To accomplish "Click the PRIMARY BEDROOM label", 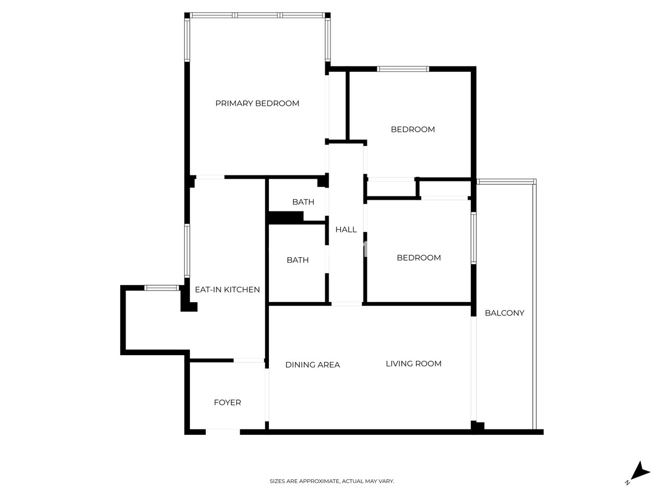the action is pos(257,103).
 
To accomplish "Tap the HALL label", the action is pos(346,230).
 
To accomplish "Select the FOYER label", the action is pos(227,402).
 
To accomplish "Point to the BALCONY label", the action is pos(504,313).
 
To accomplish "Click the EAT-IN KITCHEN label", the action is pos(227,289).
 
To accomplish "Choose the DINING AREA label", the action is pos(313,365).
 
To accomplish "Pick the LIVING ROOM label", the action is pos(413,364).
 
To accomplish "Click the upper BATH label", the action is pos(303,202).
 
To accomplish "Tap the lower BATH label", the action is pos(298,260).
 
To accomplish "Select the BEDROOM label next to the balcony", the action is pos(419,258).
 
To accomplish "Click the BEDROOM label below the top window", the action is pos(413,129).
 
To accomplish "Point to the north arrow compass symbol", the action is pos(639,477).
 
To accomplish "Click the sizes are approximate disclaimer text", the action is pos(331,481).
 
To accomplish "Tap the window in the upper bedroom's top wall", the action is pos(403,69).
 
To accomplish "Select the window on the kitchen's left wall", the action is pos(187,251).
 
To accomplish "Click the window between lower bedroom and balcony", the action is pos(474,238).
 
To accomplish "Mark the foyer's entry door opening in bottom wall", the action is pos(223,432).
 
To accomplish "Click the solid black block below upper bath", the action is pos(286,217).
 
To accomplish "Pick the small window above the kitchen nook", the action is pos(162,288).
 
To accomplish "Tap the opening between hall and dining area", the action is pos(347,304).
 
